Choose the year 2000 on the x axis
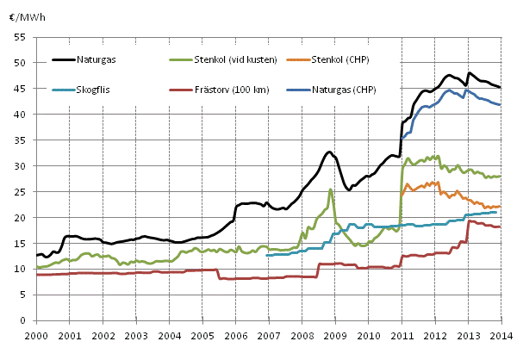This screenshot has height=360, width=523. pos(36,335)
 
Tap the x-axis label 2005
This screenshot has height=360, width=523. pos(202,335)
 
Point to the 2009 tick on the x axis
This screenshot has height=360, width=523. pos(336,335)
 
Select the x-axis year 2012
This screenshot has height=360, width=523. pos(436,335)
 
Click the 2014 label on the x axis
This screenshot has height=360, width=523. pos(503,335)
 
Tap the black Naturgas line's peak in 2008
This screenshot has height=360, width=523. pos(329,152)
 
